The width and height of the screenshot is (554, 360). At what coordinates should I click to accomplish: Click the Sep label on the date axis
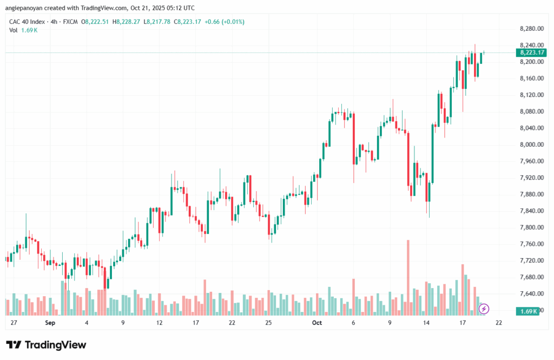(50, 323)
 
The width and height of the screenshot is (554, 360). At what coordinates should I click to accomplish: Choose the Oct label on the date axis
(317, 323)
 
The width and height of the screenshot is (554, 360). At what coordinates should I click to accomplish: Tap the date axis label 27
(14, 323)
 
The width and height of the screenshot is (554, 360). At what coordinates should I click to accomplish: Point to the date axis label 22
(499, 323)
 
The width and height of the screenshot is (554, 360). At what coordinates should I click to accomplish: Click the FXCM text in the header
(71, 22)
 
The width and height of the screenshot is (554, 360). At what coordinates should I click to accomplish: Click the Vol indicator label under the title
(14, 30)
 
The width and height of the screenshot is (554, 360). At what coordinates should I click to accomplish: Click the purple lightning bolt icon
(484, 309)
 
